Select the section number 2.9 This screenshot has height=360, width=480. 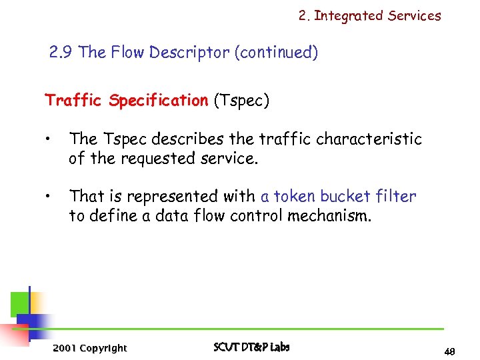pos(62,53)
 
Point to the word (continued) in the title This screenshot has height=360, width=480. pos(276,53)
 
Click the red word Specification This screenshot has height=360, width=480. pos(159,101)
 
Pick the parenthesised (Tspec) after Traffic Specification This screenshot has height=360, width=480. pos(241,101)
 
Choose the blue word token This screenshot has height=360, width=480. pos(294,197)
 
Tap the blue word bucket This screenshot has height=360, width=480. pos(346,197)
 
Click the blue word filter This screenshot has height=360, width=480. pos(397,197)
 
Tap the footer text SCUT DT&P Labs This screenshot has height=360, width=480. pos(251,347)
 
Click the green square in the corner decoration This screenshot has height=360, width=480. pos(20,304)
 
